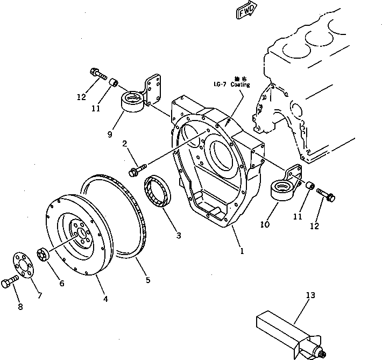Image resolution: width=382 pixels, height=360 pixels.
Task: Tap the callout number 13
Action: pos(311,295)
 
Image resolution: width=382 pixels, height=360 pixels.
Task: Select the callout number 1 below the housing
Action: pos(242,251)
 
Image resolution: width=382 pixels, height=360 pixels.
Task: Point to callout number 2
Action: pos(124,144)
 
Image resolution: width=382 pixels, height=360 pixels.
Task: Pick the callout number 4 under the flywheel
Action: pos(105,299)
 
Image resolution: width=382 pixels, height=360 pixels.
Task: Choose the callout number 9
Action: pos(110,135)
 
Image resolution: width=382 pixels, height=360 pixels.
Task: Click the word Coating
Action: pos(240,85)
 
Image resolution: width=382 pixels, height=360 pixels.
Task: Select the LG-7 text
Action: pos(220,85)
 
